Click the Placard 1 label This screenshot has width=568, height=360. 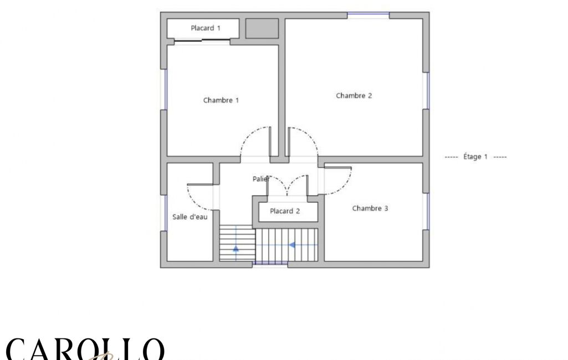tap(206, 28)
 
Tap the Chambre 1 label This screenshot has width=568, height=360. tap(221, 100)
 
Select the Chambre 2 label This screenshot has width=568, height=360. tap(354, 96)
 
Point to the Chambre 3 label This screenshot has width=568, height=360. tap(370, 208)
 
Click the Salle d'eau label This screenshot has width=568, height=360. tap(190, 217)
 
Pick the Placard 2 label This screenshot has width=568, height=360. tap(285, 211)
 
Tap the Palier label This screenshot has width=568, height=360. tap(261, 179)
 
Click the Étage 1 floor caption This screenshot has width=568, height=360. tap(475, 157)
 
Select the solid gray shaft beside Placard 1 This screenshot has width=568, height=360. tap(262, 28)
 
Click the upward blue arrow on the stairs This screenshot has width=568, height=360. tap(236, 249)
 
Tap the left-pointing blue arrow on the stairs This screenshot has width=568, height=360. tap(292, 245)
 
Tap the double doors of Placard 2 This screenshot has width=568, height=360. tap(287, 186)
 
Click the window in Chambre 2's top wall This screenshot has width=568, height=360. tap(369, 15)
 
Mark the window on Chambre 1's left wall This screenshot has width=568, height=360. tap(163, 90)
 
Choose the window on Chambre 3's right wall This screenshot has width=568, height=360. tap(426, 212)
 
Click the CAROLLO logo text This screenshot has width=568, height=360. tap(85, 349)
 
